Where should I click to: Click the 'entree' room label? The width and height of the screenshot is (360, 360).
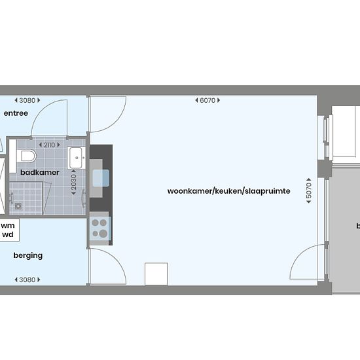[16, 113]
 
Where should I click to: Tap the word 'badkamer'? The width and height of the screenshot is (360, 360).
[40, 172]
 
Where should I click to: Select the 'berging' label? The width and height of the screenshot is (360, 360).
[28, 255]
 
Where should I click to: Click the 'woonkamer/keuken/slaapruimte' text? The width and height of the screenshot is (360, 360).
[228, 191]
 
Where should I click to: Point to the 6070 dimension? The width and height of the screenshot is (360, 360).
[207, 100]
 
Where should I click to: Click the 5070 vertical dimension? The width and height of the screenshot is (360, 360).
[309, 190]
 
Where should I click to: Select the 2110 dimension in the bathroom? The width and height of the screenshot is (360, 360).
[49, 145]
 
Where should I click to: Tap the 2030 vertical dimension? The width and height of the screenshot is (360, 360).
[74, 183]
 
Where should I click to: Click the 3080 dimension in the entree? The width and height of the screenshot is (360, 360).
[27, 100]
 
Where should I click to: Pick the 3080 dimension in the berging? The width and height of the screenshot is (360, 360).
[27, 279]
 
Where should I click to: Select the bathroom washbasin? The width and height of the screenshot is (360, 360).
[77, 158]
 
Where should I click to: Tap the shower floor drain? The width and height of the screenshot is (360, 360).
[18, 206]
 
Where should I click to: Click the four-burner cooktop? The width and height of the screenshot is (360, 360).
[99, 228]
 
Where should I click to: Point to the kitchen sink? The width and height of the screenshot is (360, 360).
[101, 178]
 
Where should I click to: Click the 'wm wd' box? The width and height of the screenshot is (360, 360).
[9, 230]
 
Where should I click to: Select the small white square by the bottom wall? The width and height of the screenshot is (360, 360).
[156, 274]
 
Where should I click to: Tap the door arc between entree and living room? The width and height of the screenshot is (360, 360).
[117, 122]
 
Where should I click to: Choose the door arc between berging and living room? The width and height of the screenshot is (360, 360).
[117, 259]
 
